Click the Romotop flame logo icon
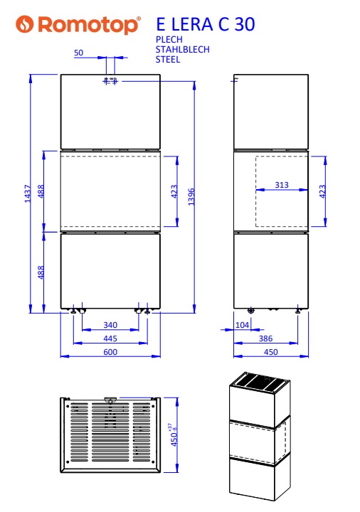(25, 24)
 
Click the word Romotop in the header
(89, 25)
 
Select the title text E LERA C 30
(206, 24)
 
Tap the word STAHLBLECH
(182, 50)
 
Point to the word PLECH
(169, 40)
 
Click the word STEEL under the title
(168, 60)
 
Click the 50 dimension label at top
(78, 53)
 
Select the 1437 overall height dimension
(28, 193)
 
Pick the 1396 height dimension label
(191, 196)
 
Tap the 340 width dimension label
(110, 325)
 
